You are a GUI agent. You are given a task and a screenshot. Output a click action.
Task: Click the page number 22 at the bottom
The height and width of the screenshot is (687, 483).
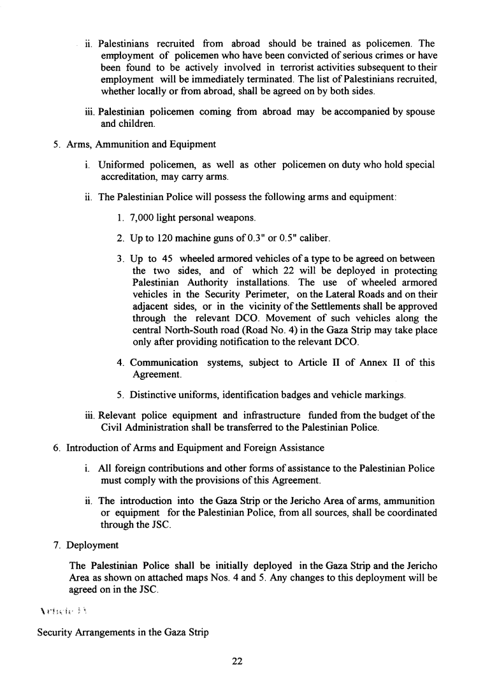[x=237, y=662]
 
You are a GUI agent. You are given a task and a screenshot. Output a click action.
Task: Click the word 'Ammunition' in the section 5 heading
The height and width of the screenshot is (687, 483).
[x=120, y=143]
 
